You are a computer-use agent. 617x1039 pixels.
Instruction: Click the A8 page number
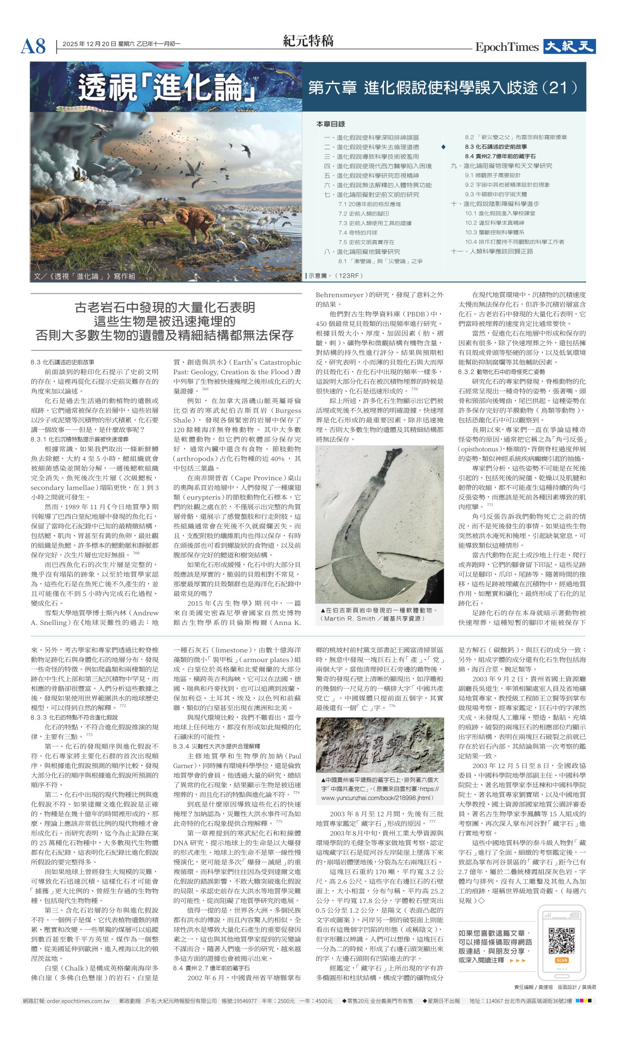(x=33, y=47)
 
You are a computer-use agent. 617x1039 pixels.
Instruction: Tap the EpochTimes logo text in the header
(x=507, y=47)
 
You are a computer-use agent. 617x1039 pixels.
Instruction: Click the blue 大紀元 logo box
(x=569, y=47)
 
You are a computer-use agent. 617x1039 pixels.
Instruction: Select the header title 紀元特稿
(x=308, y=41)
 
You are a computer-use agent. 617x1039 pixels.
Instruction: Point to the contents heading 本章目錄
(x=331, y=124)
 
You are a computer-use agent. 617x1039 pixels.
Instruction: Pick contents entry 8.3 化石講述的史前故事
(x=496, y=147)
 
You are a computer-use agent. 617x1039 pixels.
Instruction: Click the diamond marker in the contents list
(x=443, y=147)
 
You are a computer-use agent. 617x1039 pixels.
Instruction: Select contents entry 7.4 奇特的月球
(x=358, y=233)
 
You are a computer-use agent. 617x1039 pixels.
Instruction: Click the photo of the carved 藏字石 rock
(x=380, y=745)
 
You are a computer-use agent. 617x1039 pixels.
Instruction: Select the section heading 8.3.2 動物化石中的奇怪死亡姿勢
(x=501, y=372)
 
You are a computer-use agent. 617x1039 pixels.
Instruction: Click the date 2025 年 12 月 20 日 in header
(x=89, y=44)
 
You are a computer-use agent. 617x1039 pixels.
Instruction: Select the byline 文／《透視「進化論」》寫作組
(x=85, y=276)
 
